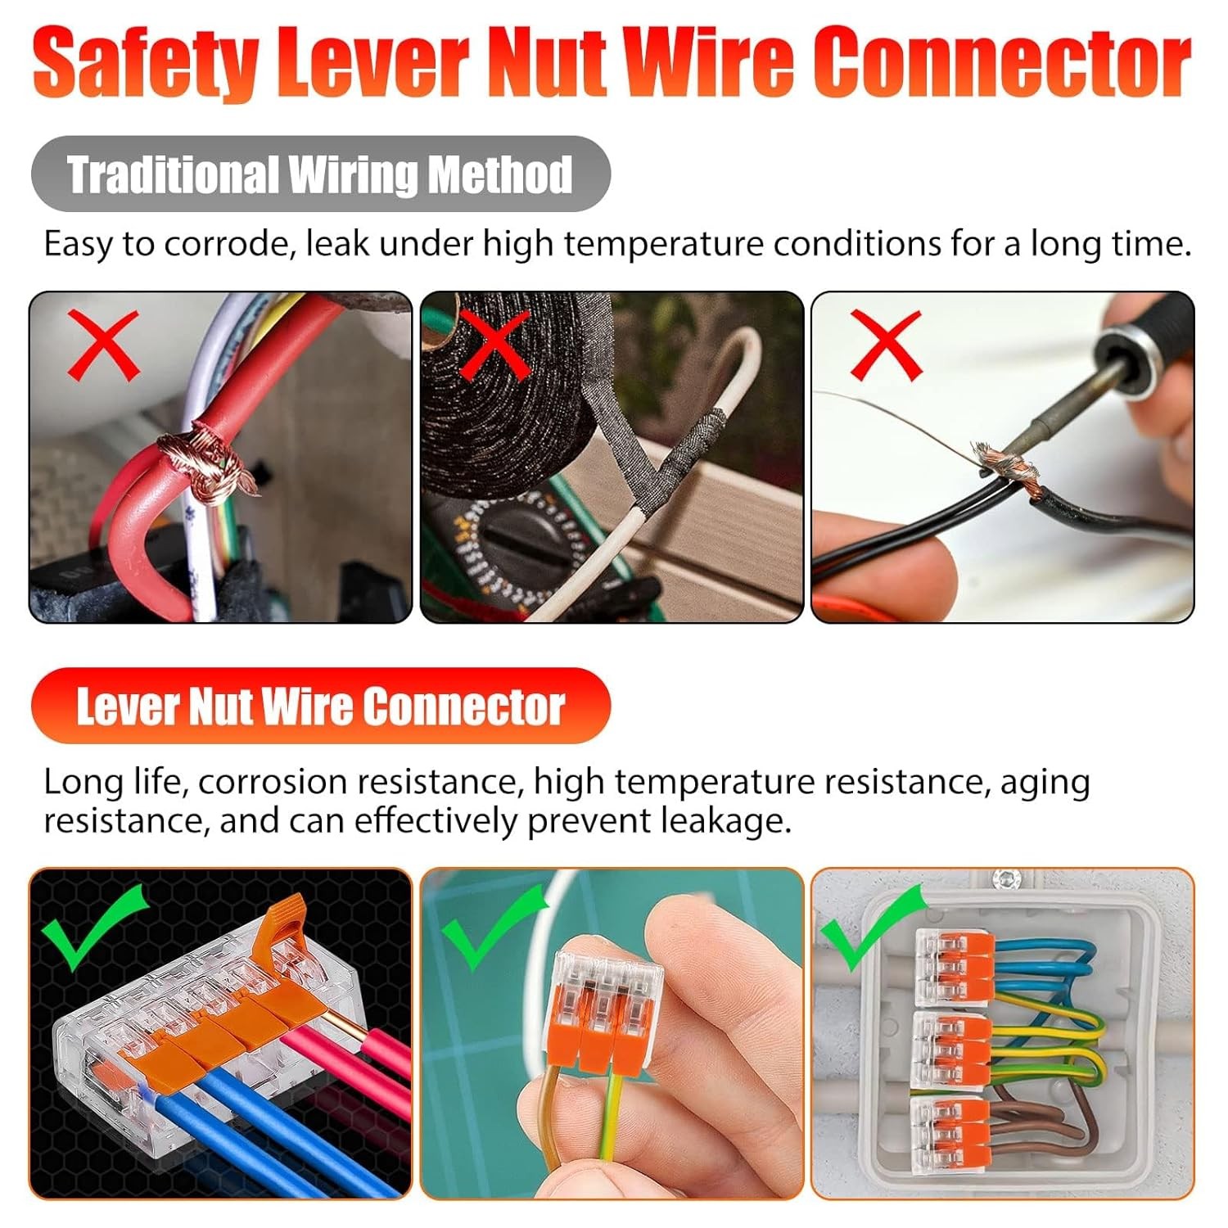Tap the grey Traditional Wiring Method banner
click(320, 174)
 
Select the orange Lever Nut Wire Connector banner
click(320, 707)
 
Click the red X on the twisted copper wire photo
click(103, 345)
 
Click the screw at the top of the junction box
click(1005, 880)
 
